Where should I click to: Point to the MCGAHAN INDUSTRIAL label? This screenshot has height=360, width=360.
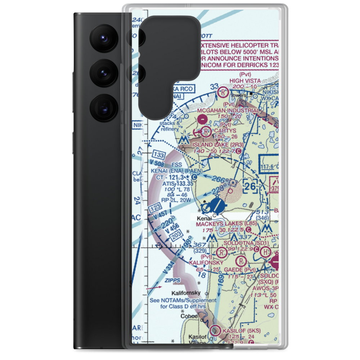(x=228, y=111)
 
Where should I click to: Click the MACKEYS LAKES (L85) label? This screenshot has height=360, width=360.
(x=226, y=224)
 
